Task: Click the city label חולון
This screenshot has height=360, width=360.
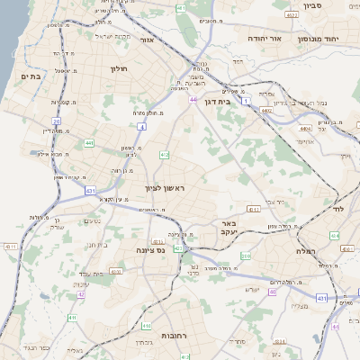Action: tap(120, 68)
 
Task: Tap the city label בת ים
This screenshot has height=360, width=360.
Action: tap(31, 77)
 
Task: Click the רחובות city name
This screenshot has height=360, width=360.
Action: tap(174, 335)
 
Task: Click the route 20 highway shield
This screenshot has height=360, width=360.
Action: tap(56, 121)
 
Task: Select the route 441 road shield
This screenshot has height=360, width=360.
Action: tap(89, 142)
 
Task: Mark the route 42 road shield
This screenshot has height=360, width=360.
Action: tap(81, 293)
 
